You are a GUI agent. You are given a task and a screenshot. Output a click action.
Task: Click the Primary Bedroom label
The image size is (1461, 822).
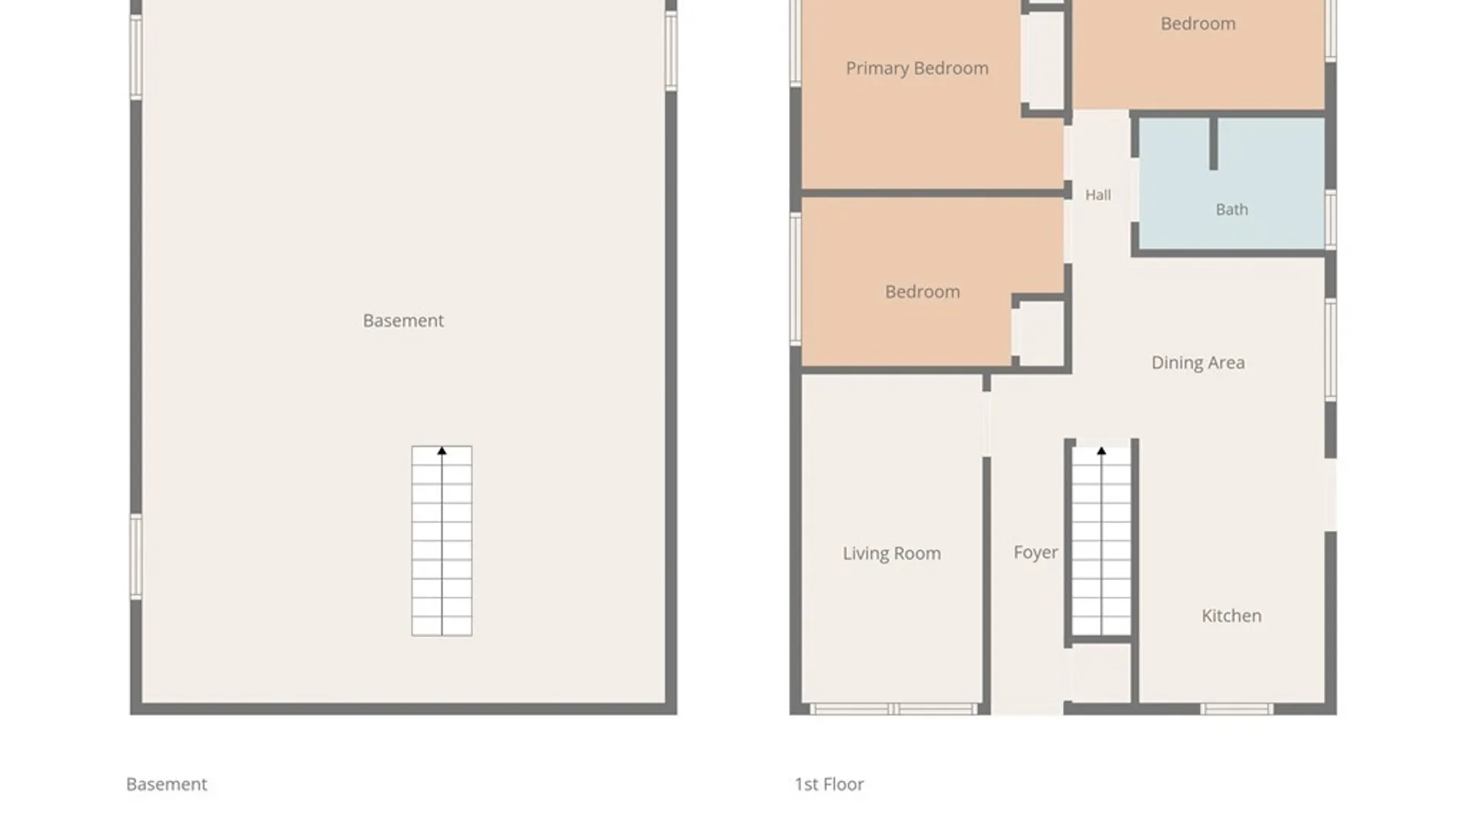(917, 68)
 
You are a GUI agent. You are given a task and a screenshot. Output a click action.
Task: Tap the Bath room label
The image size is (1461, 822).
(1231, 209)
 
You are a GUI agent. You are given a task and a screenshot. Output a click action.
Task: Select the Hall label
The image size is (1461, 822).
(1097, 195)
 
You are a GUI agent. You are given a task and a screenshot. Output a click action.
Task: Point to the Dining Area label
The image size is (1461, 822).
(1198, 363)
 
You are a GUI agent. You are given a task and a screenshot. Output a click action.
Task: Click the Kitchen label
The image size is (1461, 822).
(1231, 616)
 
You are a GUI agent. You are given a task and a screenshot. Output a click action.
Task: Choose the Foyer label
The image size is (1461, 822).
(1036, 553)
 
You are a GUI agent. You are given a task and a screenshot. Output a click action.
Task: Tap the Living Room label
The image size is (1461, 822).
(891, 553)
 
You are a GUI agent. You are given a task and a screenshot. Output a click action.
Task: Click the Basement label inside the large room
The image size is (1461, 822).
(403, 320)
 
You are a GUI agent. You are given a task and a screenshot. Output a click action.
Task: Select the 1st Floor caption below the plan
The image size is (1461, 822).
(829, 784)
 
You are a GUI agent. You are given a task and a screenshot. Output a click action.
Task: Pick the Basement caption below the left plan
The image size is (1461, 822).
(167, 784)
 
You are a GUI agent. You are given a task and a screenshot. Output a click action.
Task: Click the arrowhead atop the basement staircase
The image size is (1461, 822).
(441, 451)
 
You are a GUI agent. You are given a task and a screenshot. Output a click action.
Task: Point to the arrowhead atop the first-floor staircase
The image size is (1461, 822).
(1101, 451)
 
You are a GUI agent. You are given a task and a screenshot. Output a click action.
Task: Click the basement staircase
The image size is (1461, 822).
(441, 541)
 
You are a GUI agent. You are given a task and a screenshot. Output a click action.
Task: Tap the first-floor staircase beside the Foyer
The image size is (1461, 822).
(1101, 541)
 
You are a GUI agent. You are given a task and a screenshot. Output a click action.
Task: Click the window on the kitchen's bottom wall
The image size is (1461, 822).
(1237, 709)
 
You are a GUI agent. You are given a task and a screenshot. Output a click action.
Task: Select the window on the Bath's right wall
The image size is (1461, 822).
(1330, 219)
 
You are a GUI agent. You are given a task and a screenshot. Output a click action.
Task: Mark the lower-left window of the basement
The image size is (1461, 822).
(136, 556)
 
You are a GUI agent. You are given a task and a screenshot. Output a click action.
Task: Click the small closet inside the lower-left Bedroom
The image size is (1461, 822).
(1038, 333)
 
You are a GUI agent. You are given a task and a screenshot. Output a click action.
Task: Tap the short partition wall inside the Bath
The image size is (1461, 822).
(1214, 143)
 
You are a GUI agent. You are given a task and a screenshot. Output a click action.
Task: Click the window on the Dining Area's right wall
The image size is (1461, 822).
(1330, 350)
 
